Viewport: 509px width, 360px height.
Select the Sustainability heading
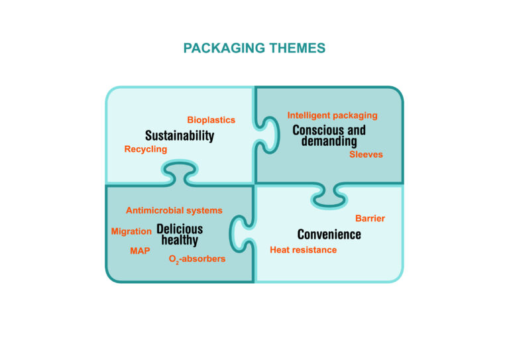coord(180,136)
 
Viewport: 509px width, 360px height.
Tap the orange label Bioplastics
coord(211,120)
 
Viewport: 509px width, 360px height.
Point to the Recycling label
coord(146,149)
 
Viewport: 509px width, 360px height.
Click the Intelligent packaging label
coord(332,115)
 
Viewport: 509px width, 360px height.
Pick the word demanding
coord(329,141)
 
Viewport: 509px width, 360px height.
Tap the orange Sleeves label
coord(366,154)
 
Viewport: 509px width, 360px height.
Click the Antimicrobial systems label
coord(174,210)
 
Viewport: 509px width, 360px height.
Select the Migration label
coord(131,231)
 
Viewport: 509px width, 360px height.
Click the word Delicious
coord(180,229)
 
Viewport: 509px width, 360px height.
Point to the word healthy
coord(180,241)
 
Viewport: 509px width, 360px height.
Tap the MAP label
coord(140,251)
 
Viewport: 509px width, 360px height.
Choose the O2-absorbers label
coord(197,259)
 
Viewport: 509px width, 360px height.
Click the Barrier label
coord(370,219)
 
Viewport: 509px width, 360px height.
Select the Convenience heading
coord(329,235)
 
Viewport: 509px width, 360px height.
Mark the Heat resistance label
coord(303,250)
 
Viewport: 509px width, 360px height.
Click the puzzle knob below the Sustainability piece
coord(180,172)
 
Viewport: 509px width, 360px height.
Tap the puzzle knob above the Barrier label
coord(329,196)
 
